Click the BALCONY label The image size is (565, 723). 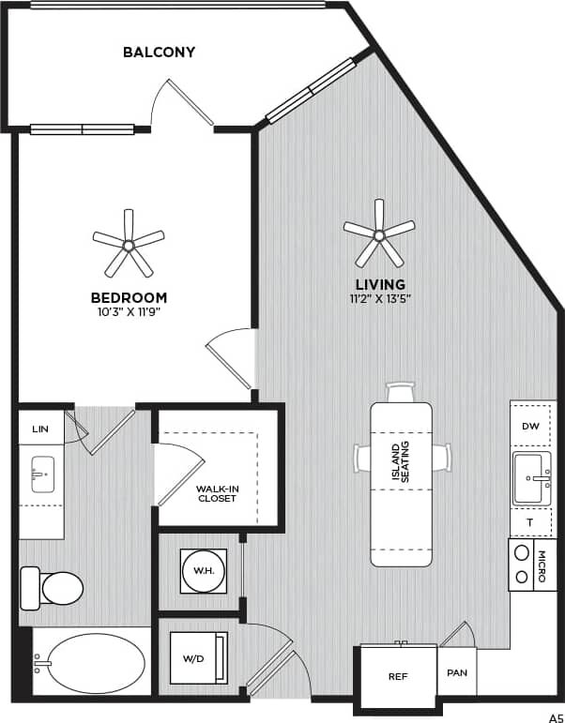[159, 52]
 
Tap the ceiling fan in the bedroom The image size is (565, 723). [129, 244]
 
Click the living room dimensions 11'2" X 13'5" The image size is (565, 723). [380, 298]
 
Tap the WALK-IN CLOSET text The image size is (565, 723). [216, 493]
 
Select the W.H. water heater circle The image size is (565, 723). [203, 569]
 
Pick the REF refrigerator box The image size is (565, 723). [396, 675]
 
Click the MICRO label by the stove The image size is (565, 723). [543, 565]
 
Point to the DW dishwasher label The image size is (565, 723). [530, 426]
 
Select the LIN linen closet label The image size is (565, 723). [39, 428]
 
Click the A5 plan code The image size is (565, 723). [555, 715]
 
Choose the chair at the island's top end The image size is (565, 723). [401, 391]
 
